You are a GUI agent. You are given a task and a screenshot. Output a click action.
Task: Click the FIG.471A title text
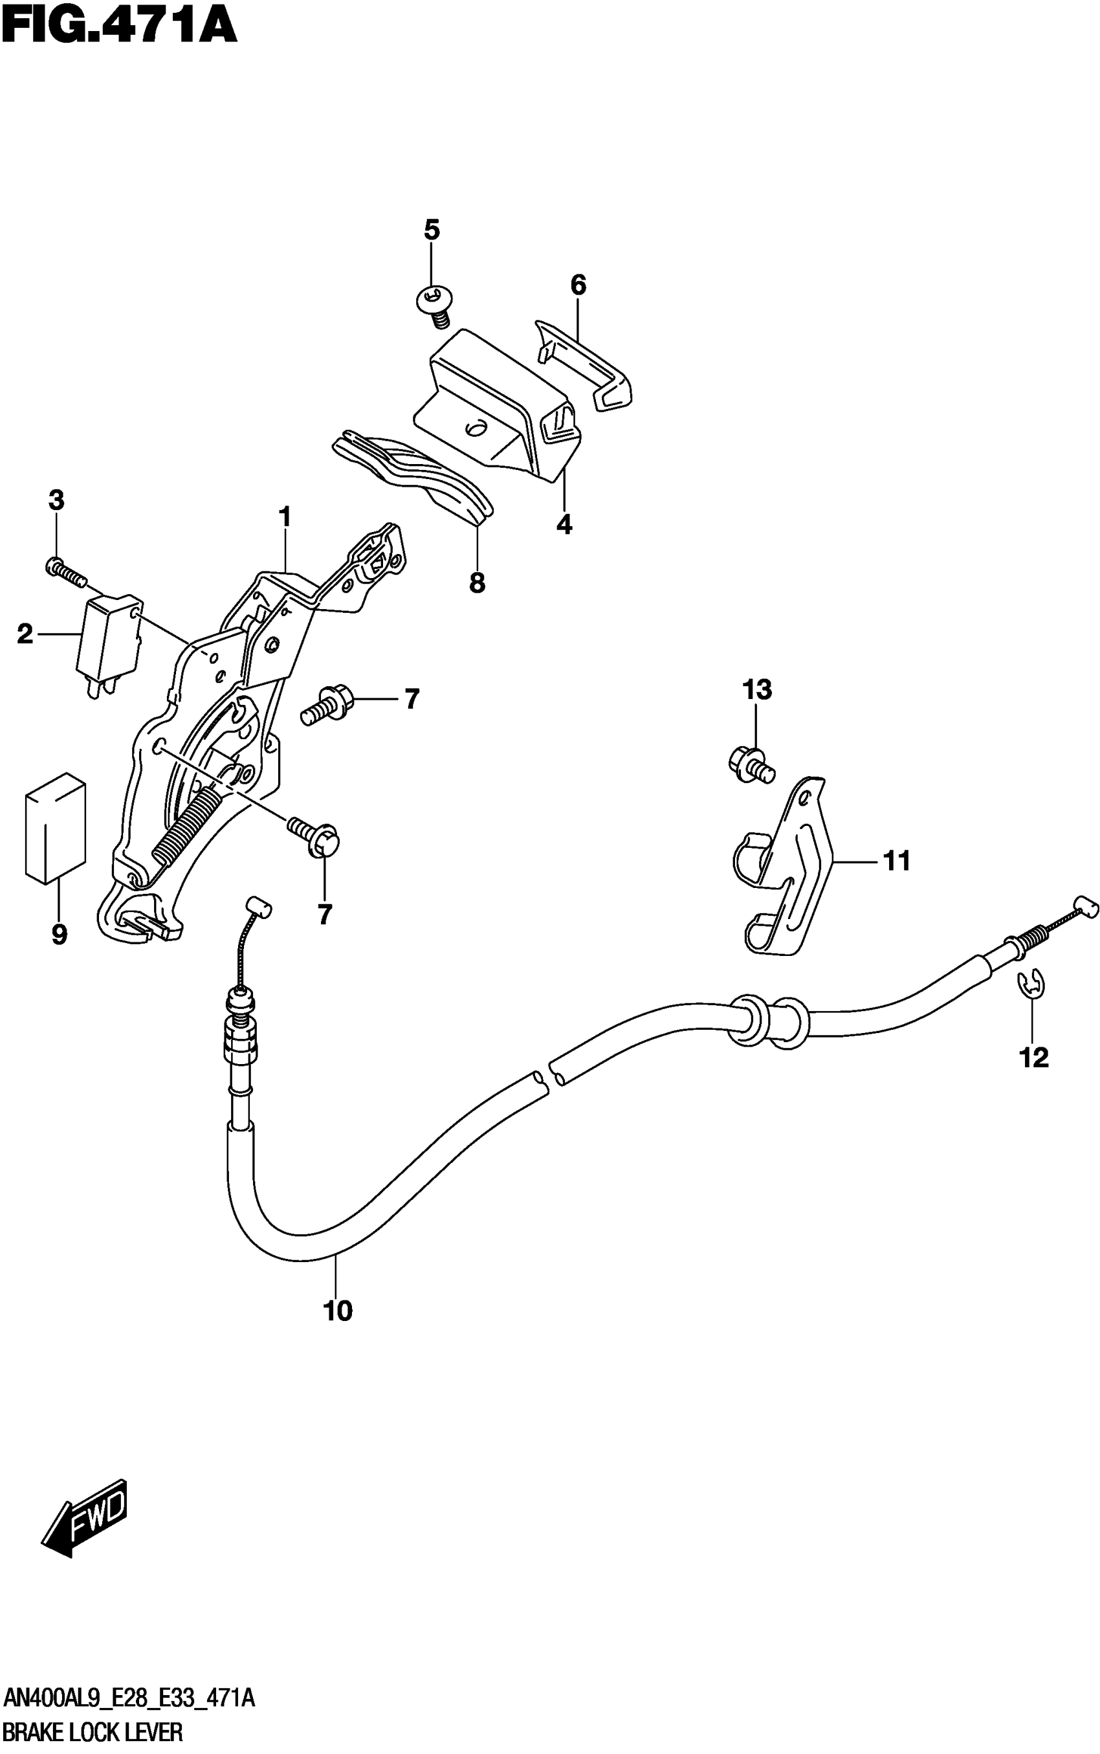pyautogui.click(x=120, y=27)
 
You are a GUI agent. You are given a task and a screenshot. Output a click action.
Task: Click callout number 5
pyautogui.click(x=432, y=230)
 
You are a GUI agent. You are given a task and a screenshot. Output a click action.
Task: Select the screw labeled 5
pyautogui.click(x=434, y=305)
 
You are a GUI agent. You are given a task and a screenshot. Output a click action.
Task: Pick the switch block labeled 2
pyautogui.click(x=110, y=638)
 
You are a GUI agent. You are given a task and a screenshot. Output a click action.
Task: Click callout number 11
pyautogui.click(x=896, y=861)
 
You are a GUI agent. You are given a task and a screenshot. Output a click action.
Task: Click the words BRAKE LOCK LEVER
pyautogui.click(x=93, y=1732)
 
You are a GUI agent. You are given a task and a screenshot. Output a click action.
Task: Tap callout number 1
pyautogui.click(x=285, y=517)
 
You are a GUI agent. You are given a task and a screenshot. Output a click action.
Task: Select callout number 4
pyautogui.click(x=564, y=524)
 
